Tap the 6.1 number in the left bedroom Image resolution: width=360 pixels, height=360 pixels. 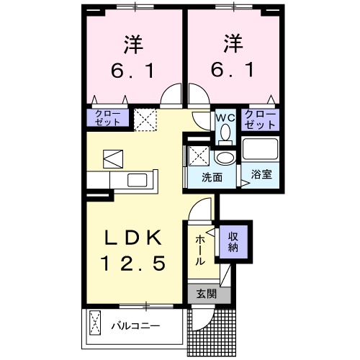click(135, 71)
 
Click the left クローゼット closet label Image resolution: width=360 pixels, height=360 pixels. click(108, 119)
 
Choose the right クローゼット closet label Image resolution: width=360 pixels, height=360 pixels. click(260, 119)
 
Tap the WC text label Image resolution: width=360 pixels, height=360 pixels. click(223, 116)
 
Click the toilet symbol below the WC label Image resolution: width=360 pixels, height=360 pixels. click(224, 132)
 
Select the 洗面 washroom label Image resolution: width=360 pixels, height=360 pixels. click(212, 176)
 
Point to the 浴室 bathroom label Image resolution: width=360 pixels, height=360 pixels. click(260, 174)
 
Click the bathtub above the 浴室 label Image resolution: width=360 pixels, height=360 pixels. click(260, 149)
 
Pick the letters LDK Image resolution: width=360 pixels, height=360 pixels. click(136, 239)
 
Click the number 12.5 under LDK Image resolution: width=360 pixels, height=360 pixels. click(136, 264)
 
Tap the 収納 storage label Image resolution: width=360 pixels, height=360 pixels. click(233, 242)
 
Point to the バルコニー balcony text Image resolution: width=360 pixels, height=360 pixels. click(135, 325)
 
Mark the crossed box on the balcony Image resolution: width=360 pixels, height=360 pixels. click(95, 325)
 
